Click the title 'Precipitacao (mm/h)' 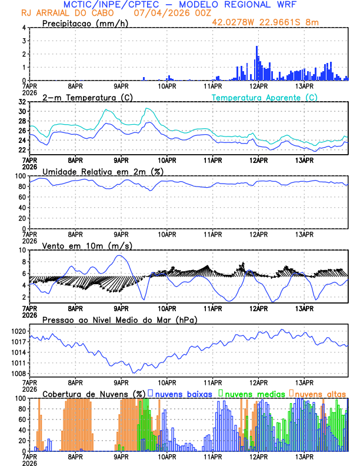tap(82, 24)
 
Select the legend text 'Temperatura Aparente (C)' tap(265, 97)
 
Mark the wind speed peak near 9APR tap(119, 255)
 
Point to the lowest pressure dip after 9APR tap(135, 372)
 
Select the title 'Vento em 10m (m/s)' tap(79, 245)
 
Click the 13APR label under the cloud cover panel tap(304, 456)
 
